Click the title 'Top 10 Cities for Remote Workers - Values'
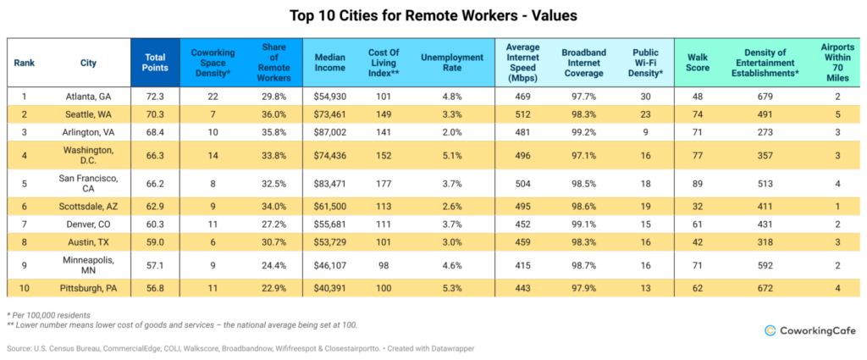click(433, 15)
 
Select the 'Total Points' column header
click(155, 63)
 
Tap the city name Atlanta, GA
click(89, 97)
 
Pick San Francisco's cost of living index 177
click(384, 182)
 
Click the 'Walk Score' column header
click(698, 63)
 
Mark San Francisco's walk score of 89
click(698, 182)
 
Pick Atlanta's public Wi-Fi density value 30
click(645, 97)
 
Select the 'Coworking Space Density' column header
click(213, 63)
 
